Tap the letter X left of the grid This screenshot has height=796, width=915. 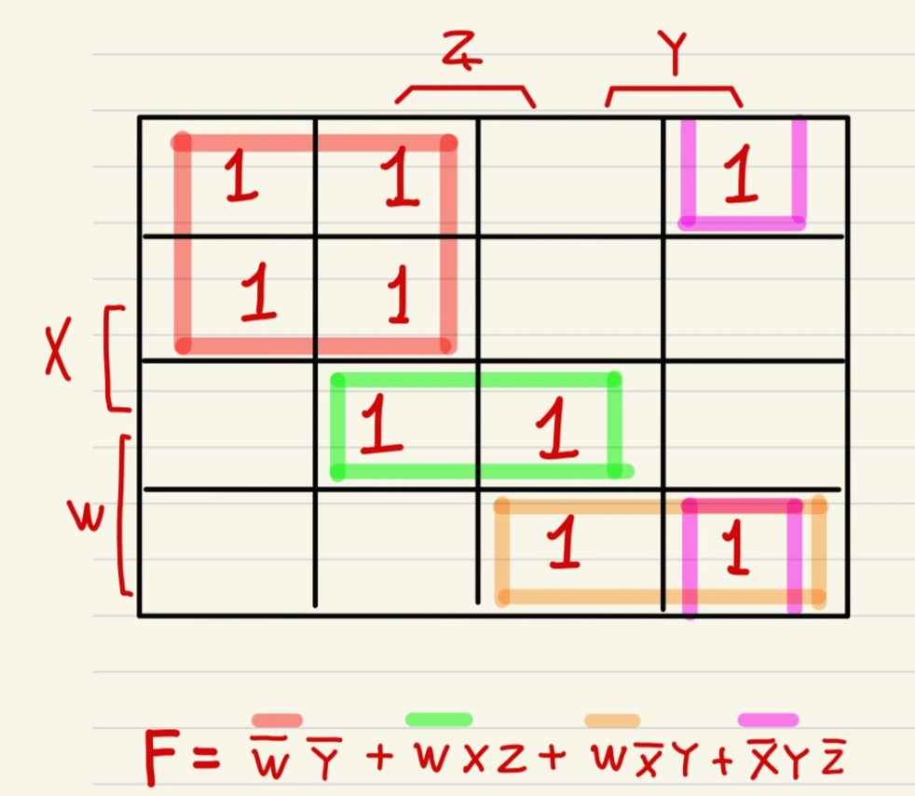58,357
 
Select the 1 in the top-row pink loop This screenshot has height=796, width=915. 741,180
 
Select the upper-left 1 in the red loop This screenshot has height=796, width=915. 239,177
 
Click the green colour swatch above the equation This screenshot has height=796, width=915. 439,719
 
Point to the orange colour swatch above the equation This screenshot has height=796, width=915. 612,720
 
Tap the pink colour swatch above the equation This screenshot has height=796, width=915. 768,720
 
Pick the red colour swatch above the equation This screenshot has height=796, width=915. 277,719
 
